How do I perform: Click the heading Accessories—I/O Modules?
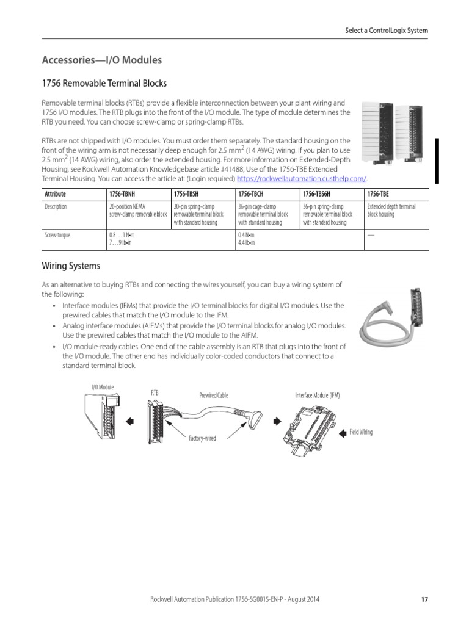click(101, 60)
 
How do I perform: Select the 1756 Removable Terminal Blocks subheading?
click(104, 83)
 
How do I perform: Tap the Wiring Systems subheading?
click(71, 266)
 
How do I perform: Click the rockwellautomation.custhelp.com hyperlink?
click(301, 178)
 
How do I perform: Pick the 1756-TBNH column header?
click(122, 193)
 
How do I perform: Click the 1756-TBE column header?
click(377, 193)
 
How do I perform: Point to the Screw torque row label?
click(57, 235)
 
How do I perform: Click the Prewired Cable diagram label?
click(213, 396)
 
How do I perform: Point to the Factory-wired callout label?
click(203, 438)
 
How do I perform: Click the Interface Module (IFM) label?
click(318, 396)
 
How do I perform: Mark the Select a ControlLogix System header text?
click(387, 31)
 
